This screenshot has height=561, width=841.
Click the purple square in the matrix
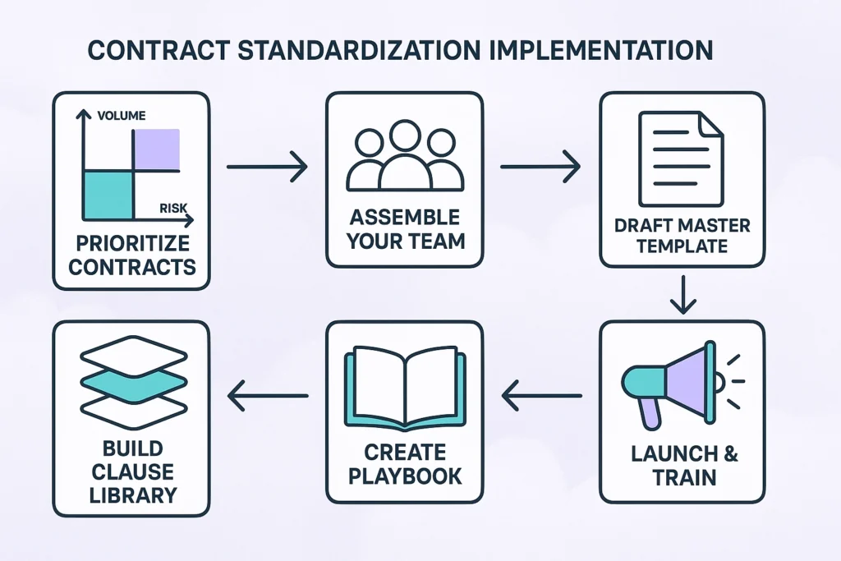pos(156,149)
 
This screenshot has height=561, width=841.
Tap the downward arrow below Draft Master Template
pos(681,294)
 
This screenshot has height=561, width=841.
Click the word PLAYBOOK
pos(403,476)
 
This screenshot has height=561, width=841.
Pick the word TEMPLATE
pos(682,246)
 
